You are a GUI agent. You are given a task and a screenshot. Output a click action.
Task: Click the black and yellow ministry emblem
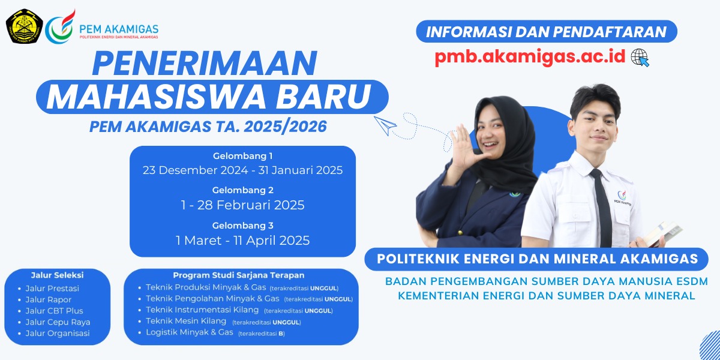(25, 26)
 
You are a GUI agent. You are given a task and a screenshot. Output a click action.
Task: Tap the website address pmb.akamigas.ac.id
(530, 57)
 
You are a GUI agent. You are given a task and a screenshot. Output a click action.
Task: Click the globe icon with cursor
(640, 58)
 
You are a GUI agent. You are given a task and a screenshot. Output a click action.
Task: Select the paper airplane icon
(385, 125)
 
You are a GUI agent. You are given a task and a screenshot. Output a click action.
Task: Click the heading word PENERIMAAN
(205, 64)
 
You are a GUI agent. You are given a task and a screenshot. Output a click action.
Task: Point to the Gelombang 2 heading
(242, 190)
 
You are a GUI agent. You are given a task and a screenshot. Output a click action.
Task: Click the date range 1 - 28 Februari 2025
(242, 205)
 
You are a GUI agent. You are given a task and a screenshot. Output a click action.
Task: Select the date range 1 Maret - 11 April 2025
(242, 241)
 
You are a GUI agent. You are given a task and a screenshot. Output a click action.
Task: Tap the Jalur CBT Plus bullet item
(55, 311)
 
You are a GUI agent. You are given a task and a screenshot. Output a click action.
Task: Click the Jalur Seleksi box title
(57, 275)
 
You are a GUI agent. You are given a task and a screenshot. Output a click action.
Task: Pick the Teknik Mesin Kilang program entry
(186, 321)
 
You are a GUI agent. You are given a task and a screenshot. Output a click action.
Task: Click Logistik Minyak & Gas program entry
(190, 332)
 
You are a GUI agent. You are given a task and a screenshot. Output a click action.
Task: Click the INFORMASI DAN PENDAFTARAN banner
(547, 31)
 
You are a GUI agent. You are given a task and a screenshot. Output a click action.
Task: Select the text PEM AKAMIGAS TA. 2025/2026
(208, 127)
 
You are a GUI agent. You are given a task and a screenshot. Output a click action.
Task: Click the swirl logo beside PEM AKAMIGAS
(61, 26)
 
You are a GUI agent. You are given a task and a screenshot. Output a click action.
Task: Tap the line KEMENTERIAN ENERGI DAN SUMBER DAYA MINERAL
(547, 296)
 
